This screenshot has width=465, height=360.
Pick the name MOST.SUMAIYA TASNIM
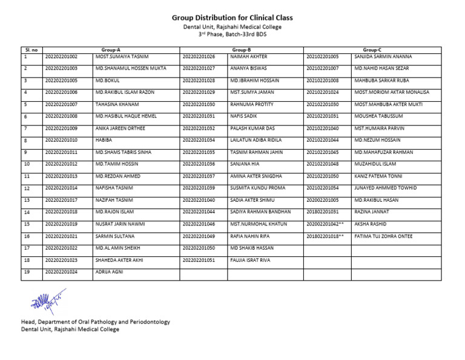pos(122,56)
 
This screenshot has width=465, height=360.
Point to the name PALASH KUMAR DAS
pos(252,128)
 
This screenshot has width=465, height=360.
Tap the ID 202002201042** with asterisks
pos(325,224)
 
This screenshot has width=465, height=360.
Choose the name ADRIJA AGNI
pos(109,272)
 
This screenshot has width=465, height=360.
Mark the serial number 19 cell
pos(27,272)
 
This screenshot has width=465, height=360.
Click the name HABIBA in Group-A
pos(104,140)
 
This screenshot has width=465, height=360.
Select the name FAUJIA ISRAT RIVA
pos(250,260)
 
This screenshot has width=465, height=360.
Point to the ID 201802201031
pos(322,212)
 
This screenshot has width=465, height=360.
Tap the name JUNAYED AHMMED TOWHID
pos(386,188)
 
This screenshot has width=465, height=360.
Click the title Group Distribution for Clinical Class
pos(232,18)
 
